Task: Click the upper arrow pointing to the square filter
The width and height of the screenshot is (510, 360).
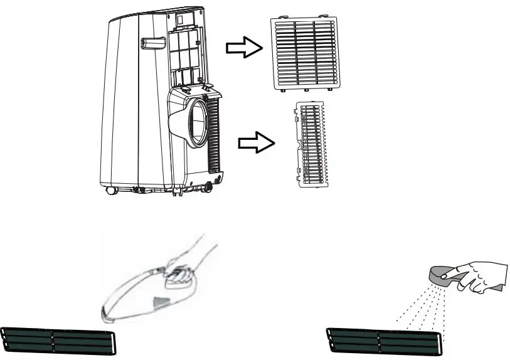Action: (x=243, y=48)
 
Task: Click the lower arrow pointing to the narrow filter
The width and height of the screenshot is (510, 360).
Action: (x=257, y=143)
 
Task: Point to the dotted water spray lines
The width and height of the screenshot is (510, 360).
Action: (x=420, y=307)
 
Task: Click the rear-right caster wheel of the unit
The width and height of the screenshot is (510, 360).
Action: (x=208, y=185)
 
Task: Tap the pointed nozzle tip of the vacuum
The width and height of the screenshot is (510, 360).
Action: (x=107, y=310)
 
